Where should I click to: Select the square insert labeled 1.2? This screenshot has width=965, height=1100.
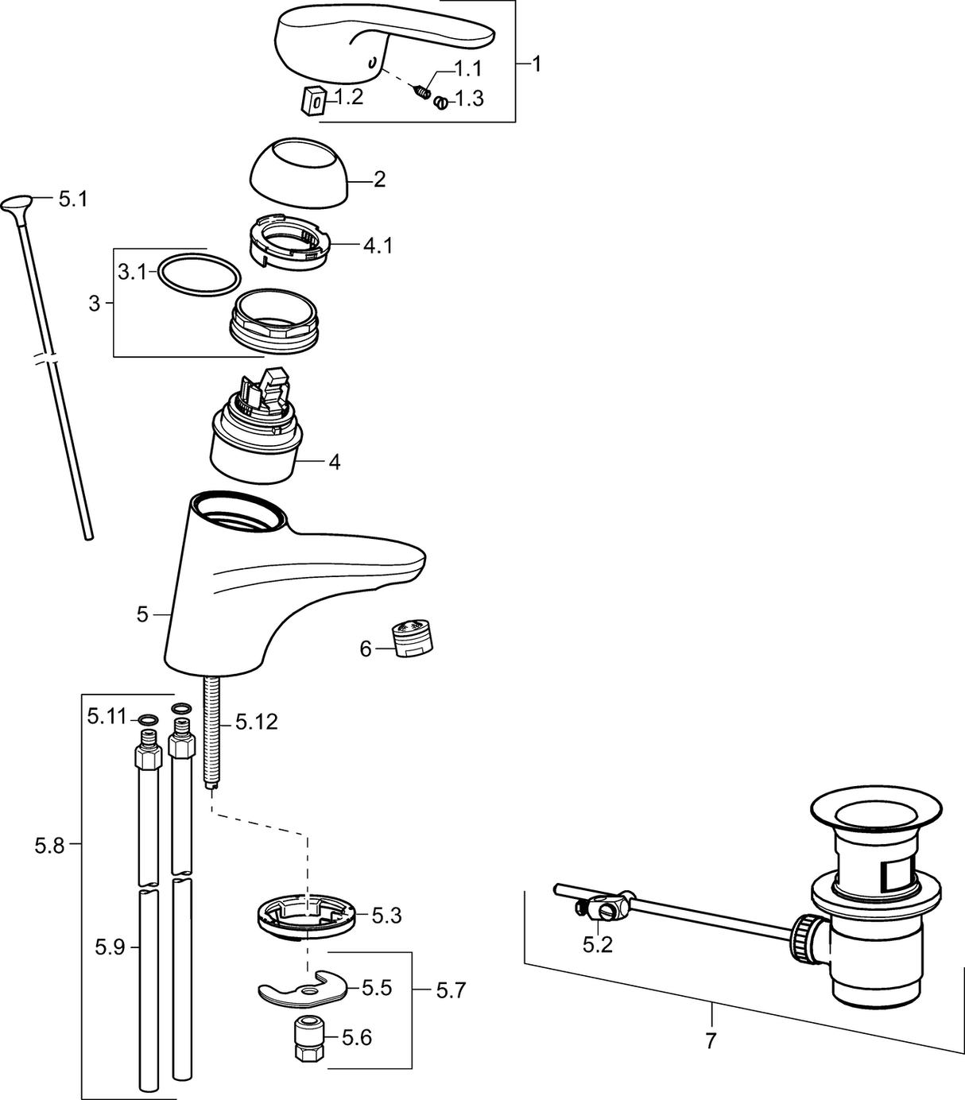[313, 101]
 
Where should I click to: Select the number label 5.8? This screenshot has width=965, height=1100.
[49, 846]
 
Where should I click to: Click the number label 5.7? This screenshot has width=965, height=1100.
[451, 990]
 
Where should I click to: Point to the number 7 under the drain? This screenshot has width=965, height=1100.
[711, 1040]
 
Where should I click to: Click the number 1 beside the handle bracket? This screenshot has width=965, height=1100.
[537, 64]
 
